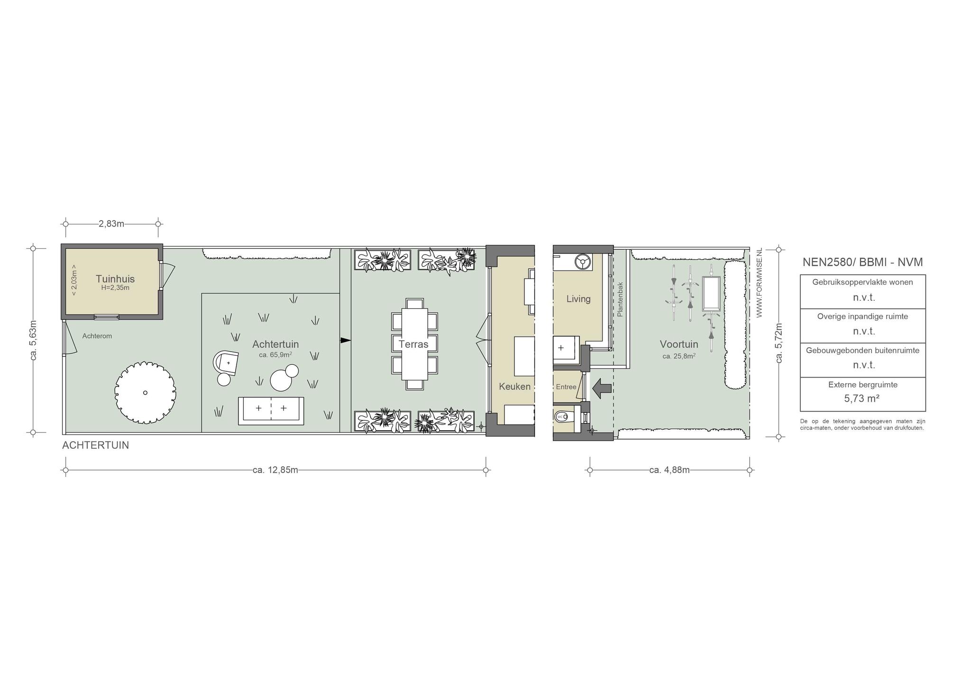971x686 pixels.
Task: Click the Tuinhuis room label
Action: (115, 279)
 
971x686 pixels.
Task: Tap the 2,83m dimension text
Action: (111, 224)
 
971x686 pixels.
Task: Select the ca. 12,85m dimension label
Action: (275, 470)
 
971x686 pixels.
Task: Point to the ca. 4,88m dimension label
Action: (669, 470)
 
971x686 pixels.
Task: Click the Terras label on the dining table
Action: (413, 344)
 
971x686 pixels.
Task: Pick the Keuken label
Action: (514, 387)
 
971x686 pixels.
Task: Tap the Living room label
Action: (578, 299)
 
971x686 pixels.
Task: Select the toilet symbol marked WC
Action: (564, 417)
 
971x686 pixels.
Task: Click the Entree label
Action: (566, 387)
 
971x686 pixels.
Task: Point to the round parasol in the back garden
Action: (145, 393)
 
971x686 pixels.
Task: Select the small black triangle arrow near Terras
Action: (346, 340)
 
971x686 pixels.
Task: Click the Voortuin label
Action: (679, 344)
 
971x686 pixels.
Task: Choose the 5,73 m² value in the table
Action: (862, 398)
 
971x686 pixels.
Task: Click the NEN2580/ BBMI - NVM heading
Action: (862, 262)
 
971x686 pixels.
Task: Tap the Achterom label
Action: (97, 336)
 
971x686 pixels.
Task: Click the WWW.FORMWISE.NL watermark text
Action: (759, 283)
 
